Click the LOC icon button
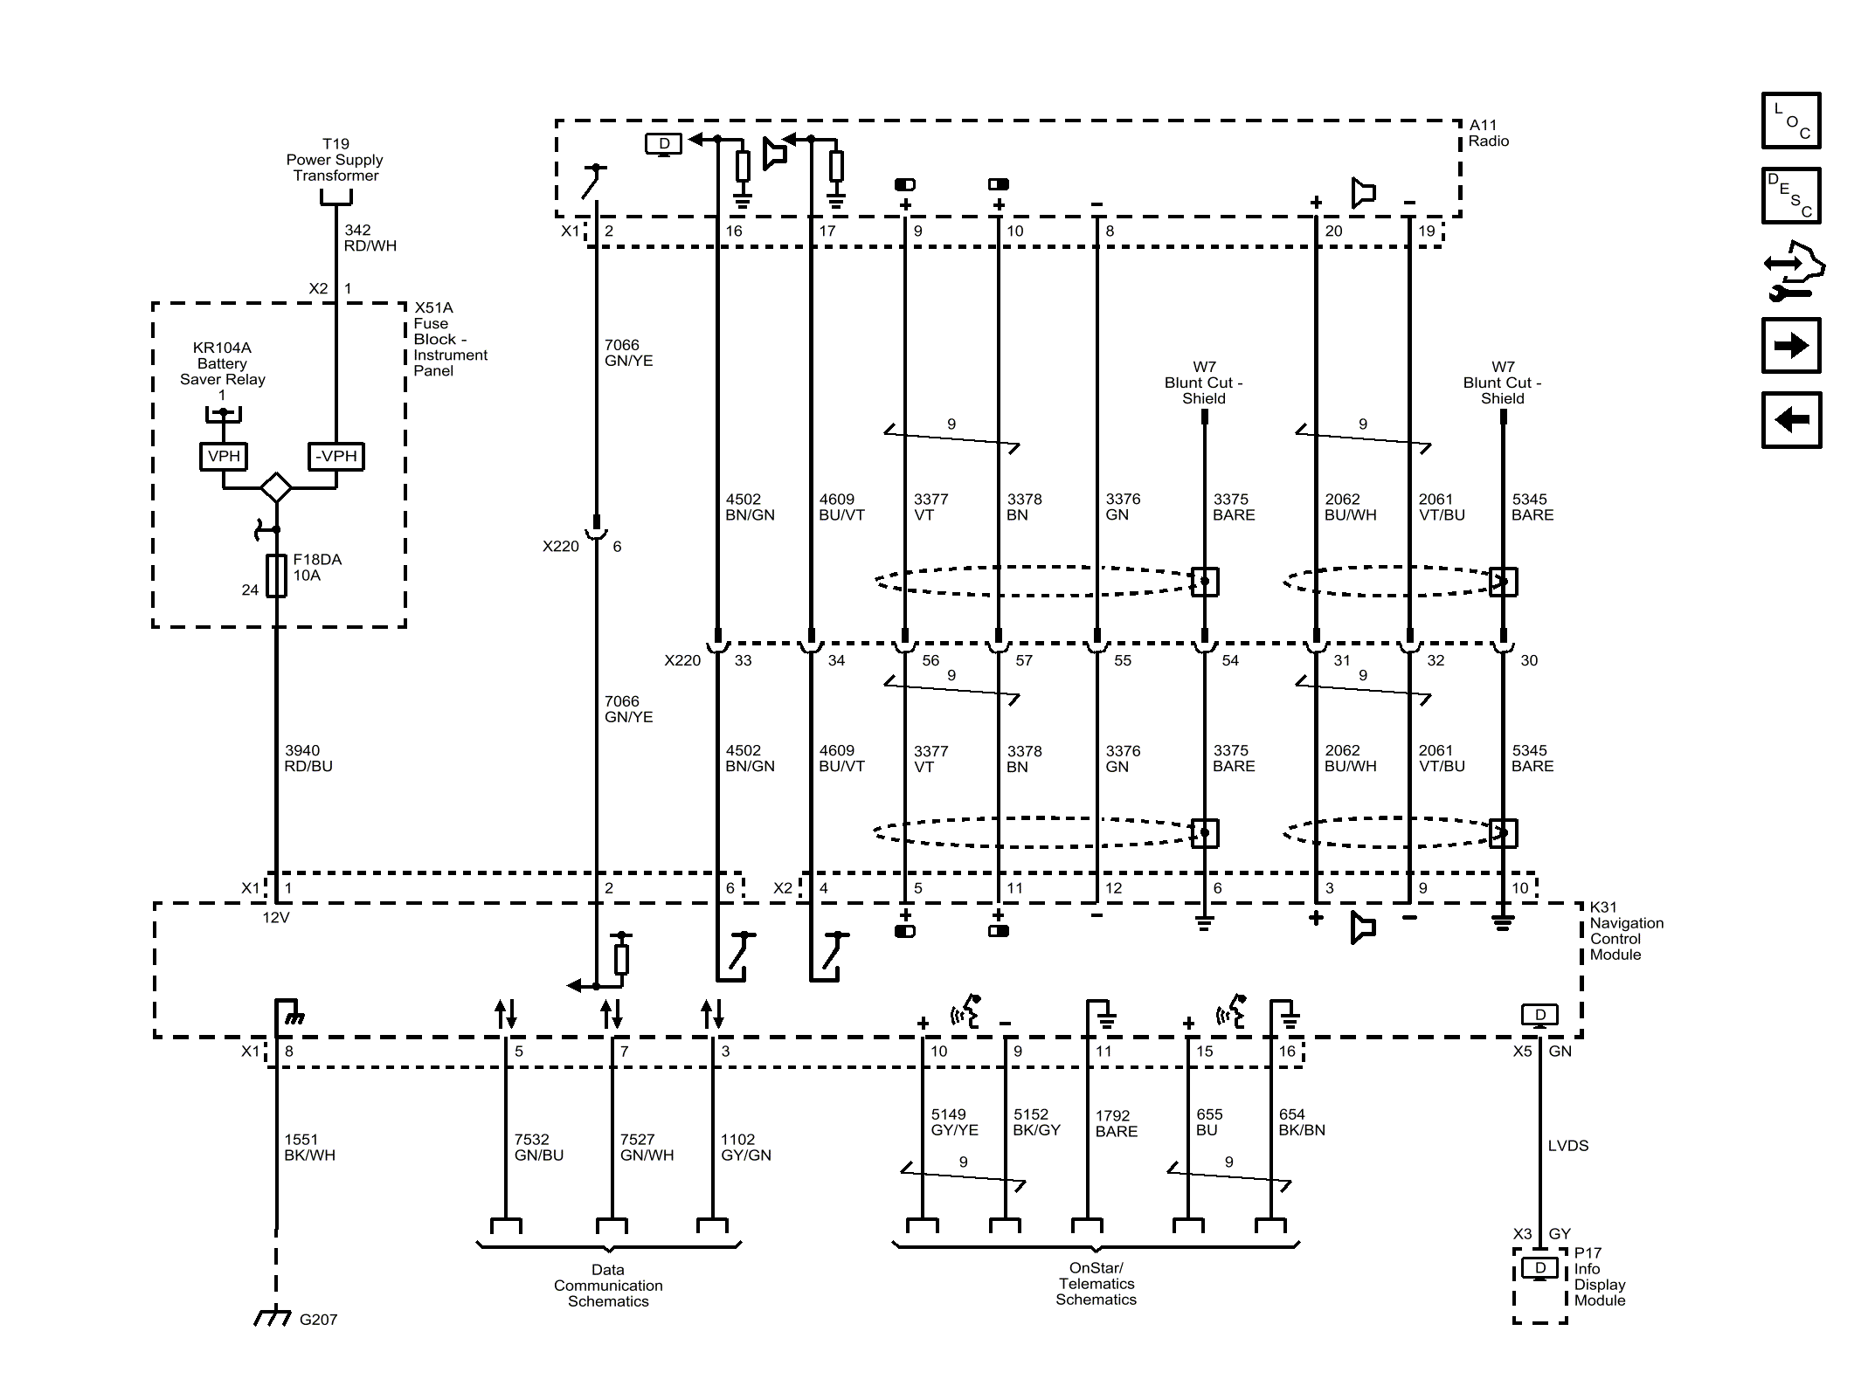[1790, 121]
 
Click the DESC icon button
[1790, 195]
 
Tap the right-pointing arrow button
[1790, 346]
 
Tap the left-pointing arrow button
[1790, 420]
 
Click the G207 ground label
[317, 1320]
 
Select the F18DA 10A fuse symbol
[276, 576]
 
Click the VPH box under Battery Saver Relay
[224, 456]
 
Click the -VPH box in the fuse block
[336, 456]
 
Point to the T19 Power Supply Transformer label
[335, 159]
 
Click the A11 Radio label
[1488, 133]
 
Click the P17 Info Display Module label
[1599, 1276]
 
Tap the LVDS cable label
[1567, 1145]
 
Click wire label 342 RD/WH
[370, 238]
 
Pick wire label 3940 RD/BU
[308, 758]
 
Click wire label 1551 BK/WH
[309, 1147]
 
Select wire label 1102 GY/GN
[745, 1147]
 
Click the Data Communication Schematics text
[608, 1285]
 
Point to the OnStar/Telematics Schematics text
[1096, 1283]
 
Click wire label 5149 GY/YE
[954, 1121]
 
